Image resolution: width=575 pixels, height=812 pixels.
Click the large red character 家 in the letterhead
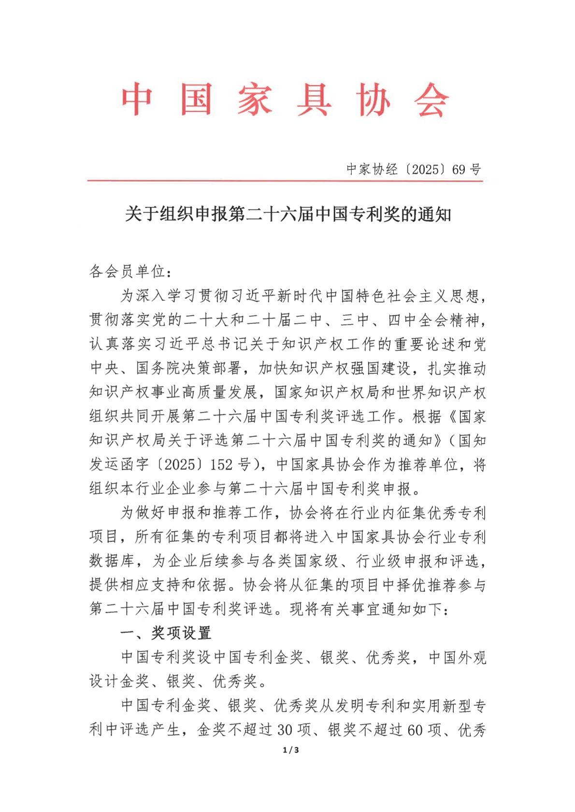click(254, 100)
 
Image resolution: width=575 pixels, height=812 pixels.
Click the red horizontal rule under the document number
click(285, 181)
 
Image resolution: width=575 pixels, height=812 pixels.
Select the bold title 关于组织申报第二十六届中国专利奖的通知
click(288, 214)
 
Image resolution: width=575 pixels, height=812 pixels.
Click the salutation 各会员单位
click(128, 272)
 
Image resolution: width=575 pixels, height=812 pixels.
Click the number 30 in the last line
click(285, 730)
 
